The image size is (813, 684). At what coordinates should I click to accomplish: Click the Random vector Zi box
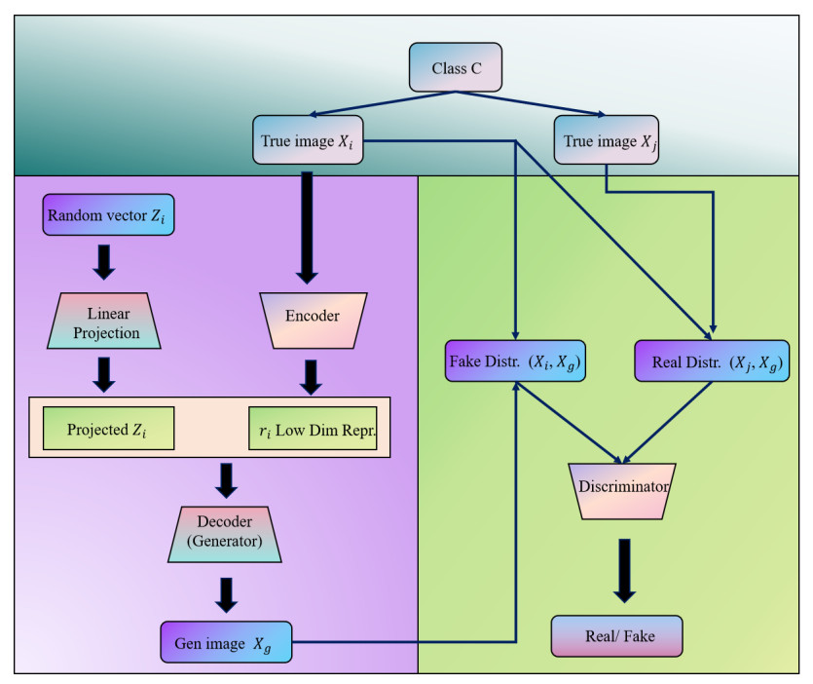[107, 215]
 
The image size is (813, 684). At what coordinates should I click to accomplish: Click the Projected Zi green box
[108, 428]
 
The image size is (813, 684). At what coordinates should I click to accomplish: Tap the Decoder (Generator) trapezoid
[225, 533]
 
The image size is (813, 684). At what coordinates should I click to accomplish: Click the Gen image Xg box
[226, 642]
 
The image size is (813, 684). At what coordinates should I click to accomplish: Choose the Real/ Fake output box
[619, 635]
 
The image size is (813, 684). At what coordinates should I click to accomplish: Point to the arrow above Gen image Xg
[225, 594]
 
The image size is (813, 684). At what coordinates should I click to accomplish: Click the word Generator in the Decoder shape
[225, 543]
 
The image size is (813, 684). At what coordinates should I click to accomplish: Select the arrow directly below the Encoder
[310, 377]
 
